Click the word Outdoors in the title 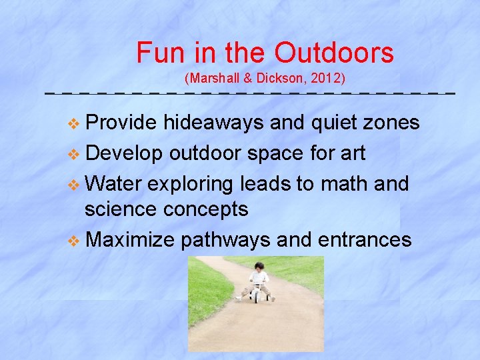pyautogui.click(x=334, y=52)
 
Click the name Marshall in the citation pyautogui.click(x=215, y=79)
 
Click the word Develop pyautogui.click(x=124, y=153)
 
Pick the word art pyautogui.click(x=352, y=153)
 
